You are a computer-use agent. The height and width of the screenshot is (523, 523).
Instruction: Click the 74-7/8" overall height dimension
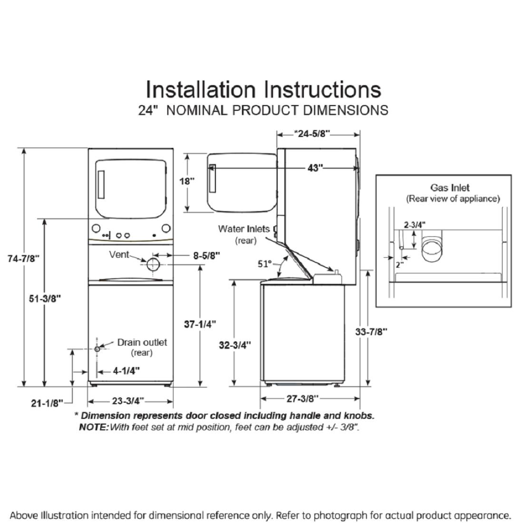[24, 259]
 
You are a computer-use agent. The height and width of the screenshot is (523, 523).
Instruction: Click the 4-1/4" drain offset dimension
[126, 371]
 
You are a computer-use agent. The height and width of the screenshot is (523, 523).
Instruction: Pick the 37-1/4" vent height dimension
[200, 324]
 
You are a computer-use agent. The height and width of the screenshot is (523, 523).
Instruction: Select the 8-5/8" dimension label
[206, 255]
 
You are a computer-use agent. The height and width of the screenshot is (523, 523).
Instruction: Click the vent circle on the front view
[153, 264]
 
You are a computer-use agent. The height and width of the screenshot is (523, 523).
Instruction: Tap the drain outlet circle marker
[97, 349]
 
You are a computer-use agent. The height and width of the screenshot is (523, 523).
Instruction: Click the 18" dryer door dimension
[187, 181]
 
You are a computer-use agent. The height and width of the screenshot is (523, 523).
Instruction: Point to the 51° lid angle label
[265, 264]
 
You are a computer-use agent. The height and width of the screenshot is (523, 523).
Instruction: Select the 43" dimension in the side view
[315, 167]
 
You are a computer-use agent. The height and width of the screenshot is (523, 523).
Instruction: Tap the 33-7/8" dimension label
[371, 331]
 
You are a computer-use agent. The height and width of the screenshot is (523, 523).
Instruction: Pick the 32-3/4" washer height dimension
[235, 345]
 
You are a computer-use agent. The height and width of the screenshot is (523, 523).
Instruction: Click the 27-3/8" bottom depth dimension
[303, 398]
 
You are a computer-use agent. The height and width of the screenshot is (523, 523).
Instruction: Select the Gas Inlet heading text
[450, 188]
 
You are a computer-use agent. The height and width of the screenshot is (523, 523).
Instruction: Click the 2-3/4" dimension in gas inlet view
[415, 224]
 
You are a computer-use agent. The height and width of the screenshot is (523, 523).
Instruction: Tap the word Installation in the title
[200, 89]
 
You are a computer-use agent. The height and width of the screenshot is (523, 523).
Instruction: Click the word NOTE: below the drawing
[94, 427]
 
